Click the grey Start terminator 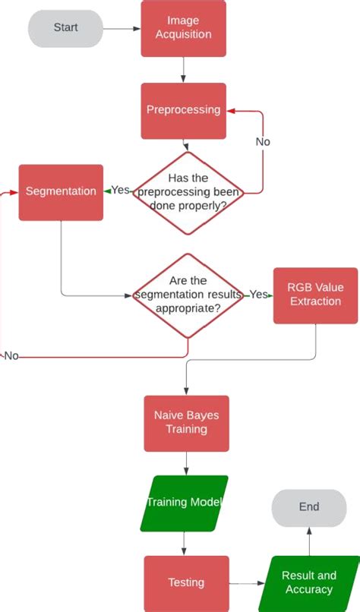coord(65,28)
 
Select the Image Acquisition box coord(183,28)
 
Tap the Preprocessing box coord(183,111)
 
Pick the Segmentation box coord(61,192)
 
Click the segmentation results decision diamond coord(188,295)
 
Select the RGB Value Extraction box coord(314,295)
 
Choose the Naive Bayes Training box coord(186,423)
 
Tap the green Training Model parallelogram coord(184,503)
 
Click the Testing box coord(186,583)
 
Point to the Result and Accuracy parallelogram coord(309,583)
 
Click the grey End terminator coord(308,507)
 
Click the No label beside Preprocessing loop coord(262,142)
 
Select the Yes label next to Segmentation coord(121,190)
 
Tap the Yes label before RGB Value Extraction coord(258,295)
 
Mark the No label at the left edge coord(11,356)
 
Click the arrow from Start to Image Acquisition coord(122,29)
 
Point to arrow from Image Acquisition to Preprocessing coord(183,70)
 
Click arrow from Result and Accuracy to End coord(308,541)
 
